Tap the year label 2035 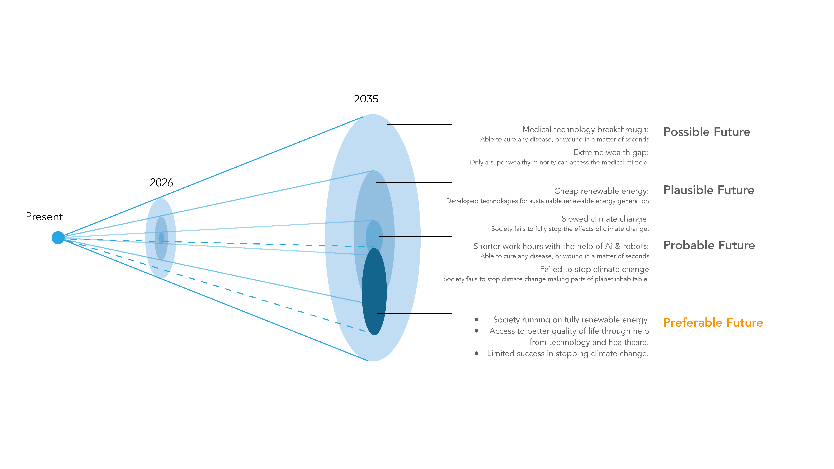point(366,99)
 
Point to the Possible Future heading point(707,132)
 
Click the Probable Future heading point(709,245)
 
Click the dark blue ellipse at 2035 point(374,291)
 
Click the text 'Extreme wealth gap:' point(611,152)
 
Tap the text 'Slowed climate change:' point(605,219)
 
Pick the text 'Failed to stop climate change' point(594,269)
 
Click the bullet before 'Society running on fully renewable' point(477,319)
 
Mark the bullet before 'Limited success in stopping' point(477,353)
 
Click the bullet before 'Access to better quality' point(477,330)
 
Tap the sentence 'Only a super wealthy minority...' point(559,162)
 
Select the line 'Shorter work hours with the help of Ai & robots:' point(561,246)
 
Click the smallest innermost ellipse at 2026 point(161,238)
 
